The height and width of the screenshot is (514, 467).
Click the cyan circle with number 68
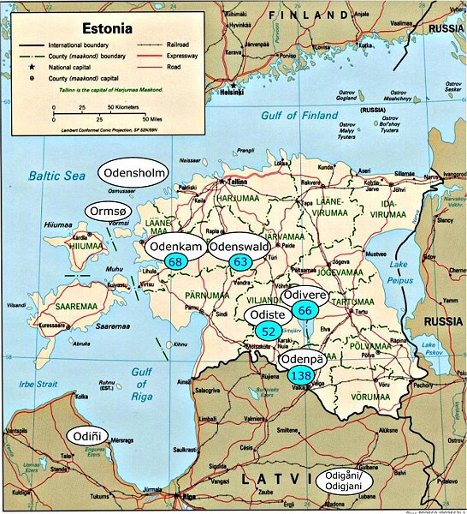click(x=177, y=261)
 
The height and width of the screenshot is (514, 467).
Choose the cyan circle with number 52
click(x=269, y=331)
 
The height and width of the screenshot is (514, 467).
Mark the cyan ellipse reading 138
click(x=301, y=375)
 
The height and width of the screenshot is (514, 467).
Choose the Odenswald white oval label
click(x=240, y=246)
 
